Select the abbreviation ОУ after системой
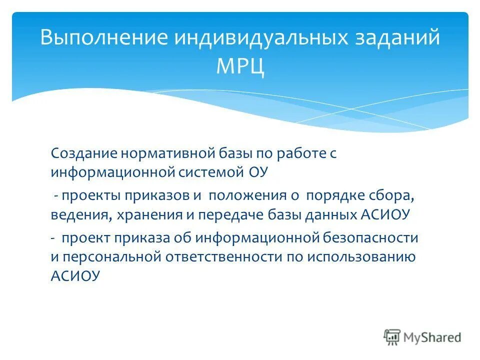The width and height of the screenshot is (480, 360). tap(259, 172)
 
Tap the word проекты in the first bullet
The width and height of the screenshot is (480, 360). tap(87, 195)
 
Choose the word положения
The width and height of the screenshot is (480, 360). tap(247, 195)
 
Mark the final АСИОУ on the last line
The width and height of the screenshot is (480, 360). tap(75, 275)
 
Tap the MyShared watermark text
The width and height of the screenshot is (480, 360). tap(432, 337)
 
